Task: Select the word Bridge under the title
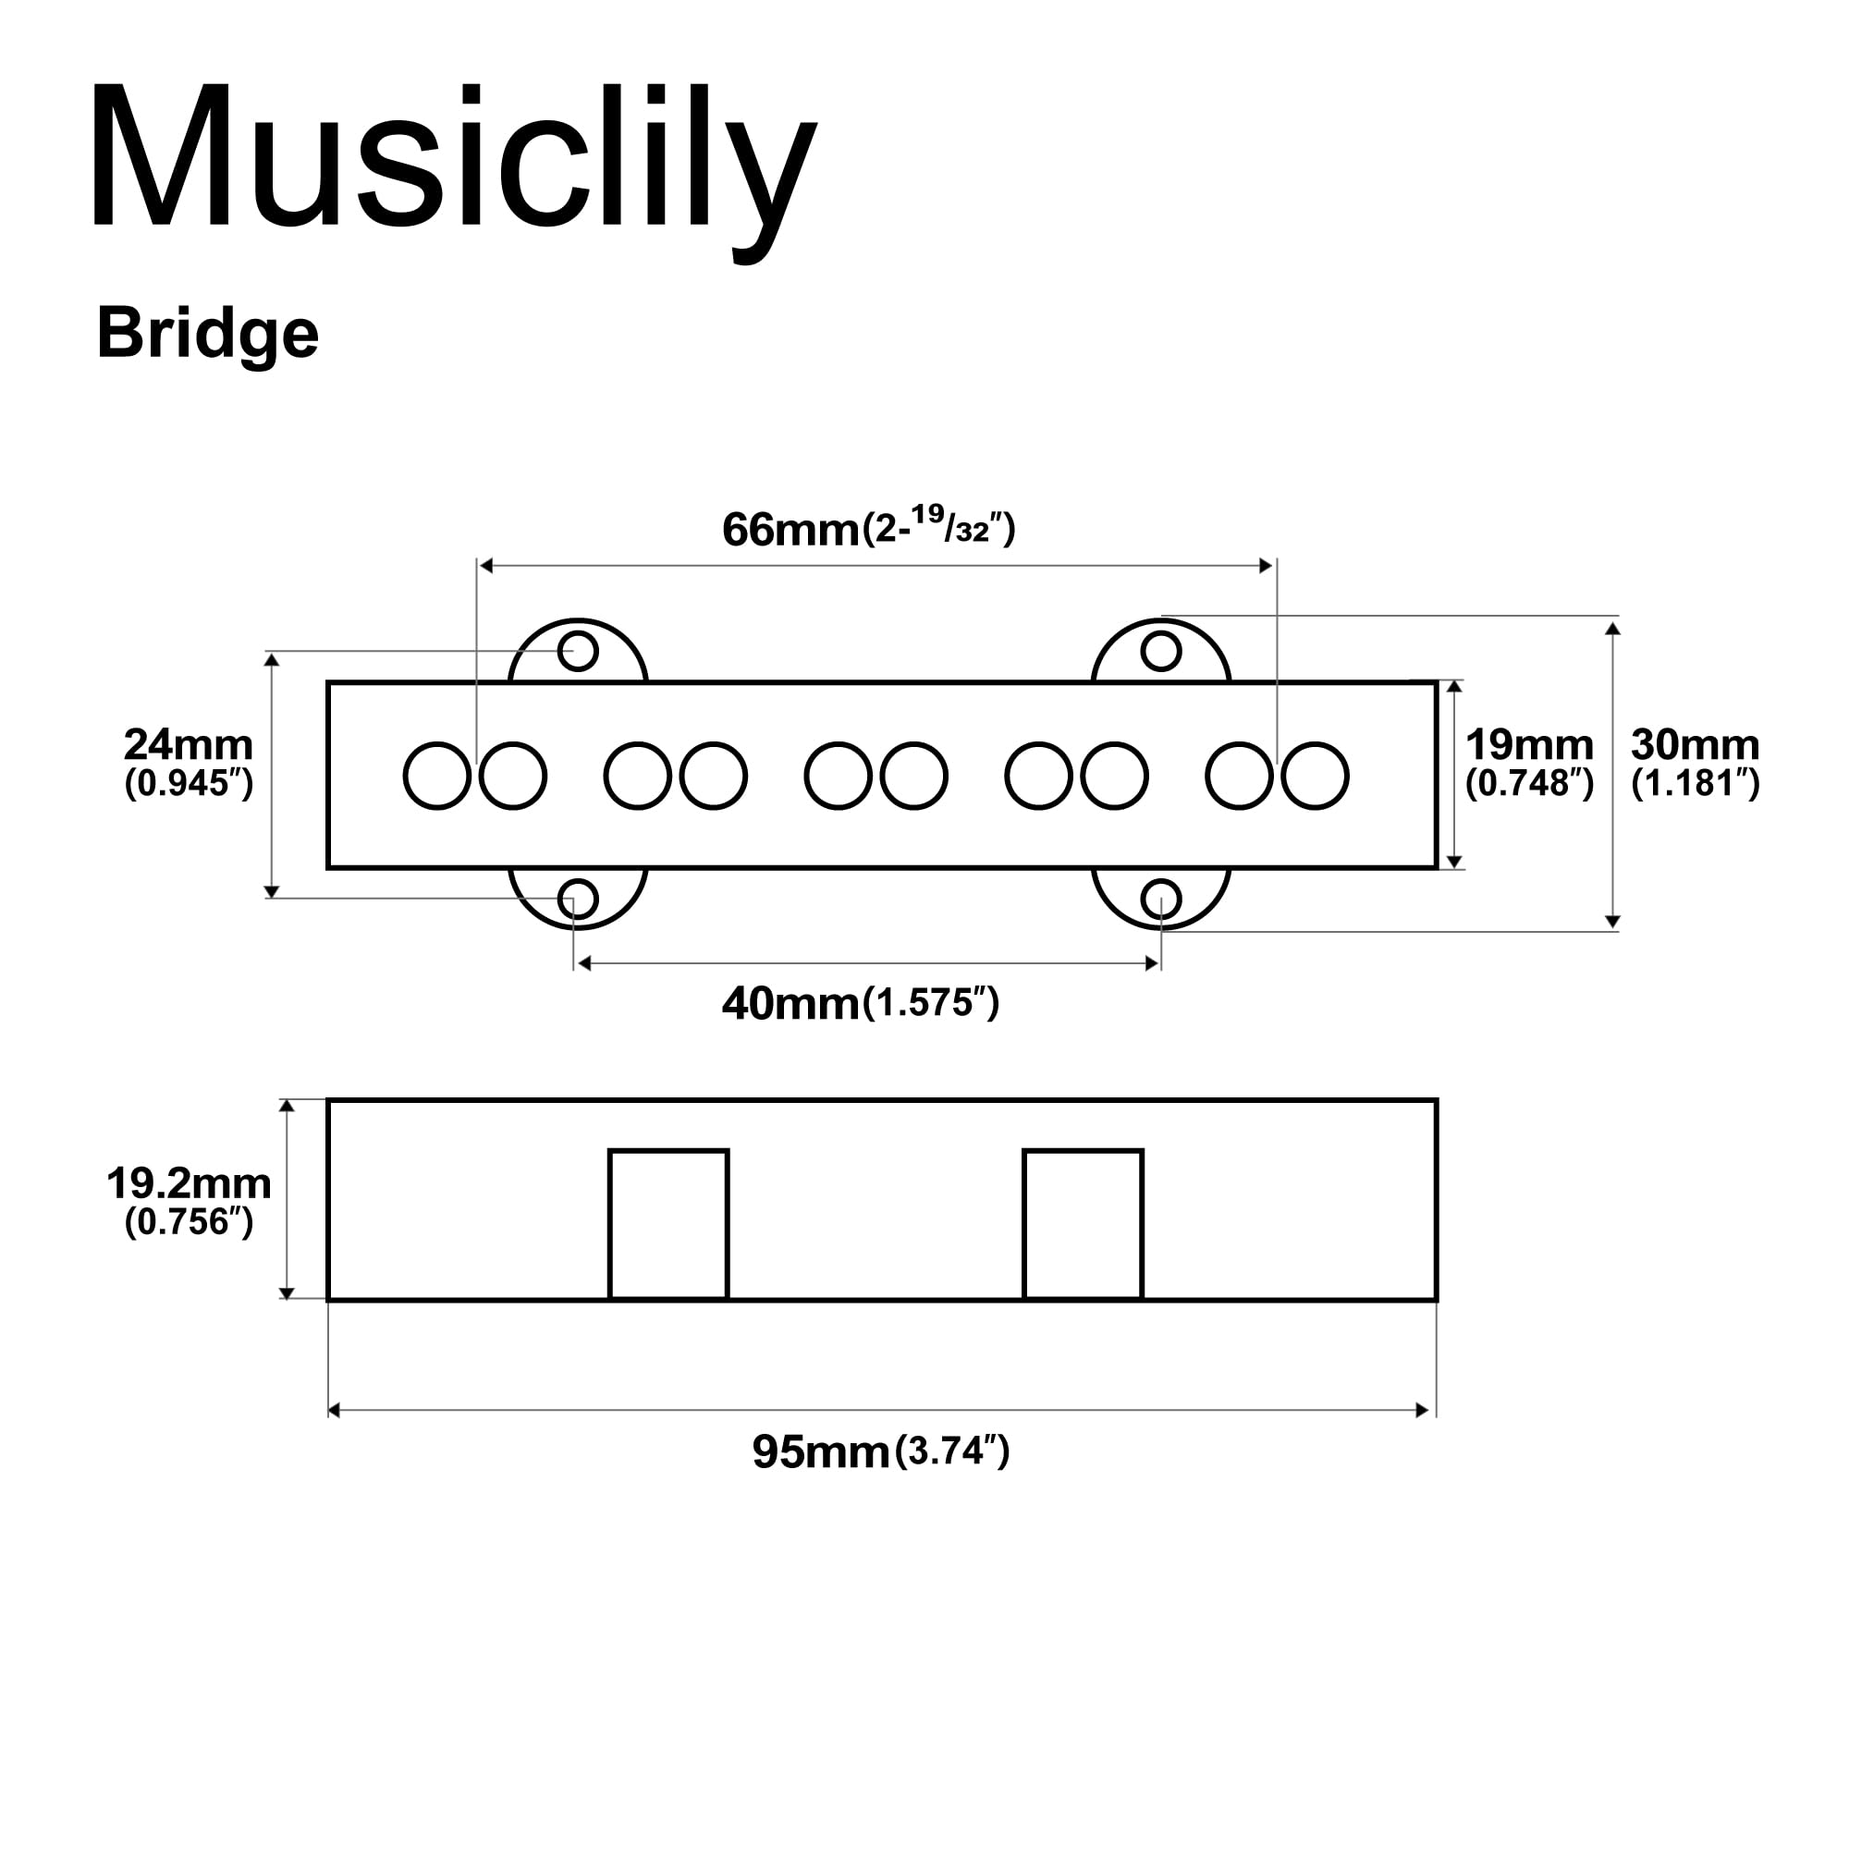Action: [x=207, y=334]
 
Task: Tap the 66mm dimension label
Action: [x=790, y=529]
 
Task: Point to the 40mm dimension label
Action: [x=790, y=1004]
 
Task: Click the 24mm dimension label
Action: [x=189, y=744]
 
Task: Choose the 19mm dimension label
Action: [x=1529, y=744]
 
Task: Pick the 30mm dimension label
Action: [x=1695, y=744]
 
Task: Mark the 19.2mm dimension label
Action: [x=189, y=1184]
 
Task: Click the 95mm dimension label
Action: [x=821, y=1451]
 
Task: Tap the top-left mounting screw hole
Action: [x=578, y=651]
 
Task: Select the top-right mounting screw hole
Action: [x=1161, y=651]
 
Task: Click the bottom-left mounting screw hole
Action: [x=578, y=900]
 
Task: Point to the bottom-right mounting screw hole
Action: [x=1161, y=900]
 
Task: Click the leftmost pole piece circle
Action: [x=437, y=776]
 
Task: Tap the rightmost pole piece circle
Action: [x=1315, y=776]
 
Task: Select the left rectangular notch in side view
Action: [x=668, y=1224]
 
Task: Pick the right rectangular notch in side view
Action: [x=1083, y=1224]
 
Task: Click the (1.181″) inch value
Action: [x=1695, y=784]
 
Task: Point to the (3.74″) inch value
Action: [x=951, y=1451]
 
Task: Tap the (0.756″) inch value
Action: [x=189, y=1222]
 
